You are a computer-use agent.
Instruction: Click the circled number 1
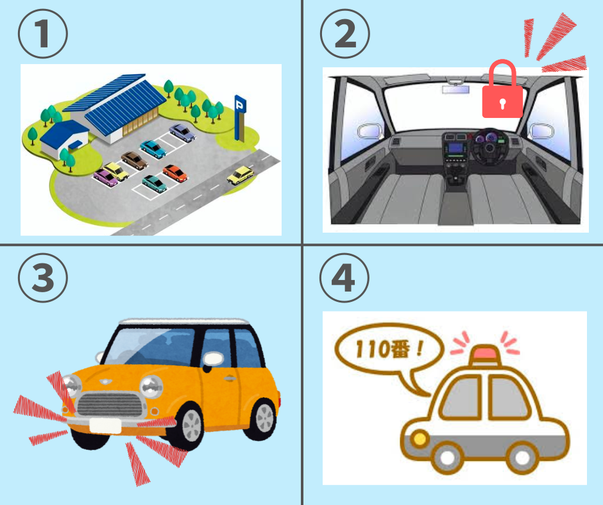point(43,34)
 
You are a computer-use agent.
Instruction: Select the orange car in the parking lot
point(174,172)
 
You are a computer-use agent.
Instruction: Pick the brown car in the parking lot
point(134,160)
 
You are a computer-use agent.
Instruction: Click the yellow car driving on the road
point(240,174)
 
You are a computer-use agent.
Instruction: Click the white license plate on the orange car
point(106,425)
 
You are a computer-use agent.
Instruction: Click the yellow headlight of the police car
point(420,439)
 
